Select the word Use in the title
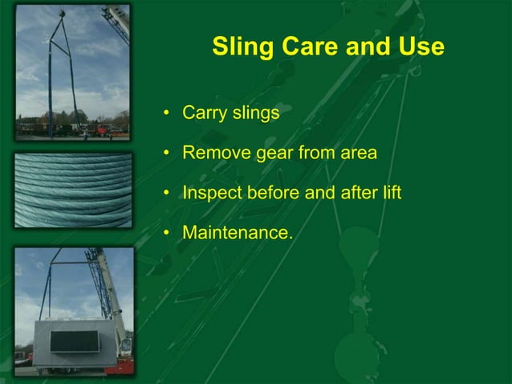419,47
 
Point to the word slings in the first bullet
256,113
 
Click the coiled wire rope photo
73,190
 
